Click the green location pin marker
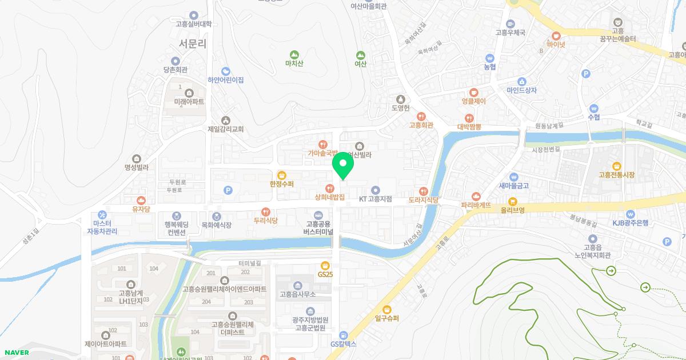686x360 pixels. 343,166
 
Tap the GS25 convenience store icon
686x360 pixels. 325,265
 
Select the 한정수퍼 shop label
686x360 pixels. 281,184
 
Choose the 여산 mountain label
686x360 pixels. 360,64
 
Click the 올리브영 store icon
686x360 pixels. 513,201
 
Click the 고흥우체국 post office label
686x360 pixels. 510,33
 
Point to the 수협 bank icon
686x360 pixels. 593,107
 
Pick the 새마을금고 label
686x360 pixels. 513,185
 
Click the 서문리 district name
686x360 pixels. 192,43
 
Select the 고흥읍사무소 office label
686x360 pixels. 297,295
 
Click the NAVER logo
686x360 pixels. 15,353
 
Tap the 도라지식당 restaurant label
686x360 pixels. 424,200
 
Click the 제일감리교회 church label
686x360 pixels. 226,129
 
